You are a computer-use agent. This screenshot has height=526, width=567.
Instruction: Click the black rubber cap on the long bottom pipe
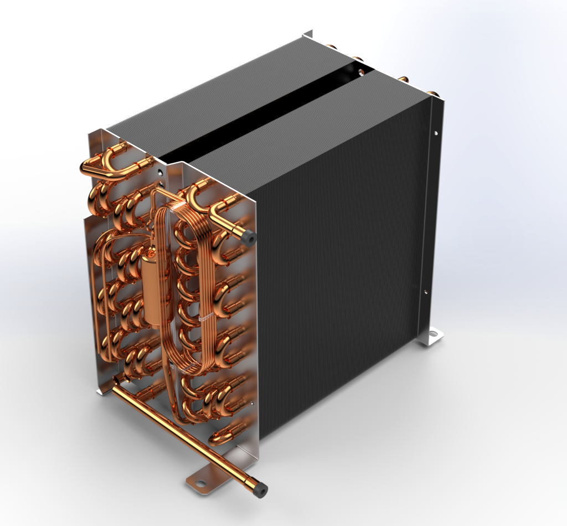pyautogui.click(x=259, y=488)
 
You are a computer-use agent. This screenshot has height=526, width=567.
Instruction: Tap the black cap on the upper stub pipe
pyautogui.click(x=248, y=238)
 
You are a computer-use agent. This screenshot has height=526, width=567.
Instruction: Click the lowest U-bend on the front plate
pyautogui.click(x=224, y=435)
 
